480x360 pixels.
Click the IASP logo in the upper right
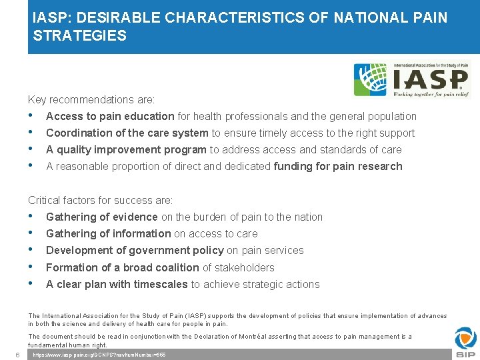411,81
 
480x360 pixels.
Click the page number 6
17,354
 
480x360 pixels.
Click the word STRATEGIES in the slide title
79,36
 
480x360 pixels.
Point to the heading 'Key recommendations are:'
91,99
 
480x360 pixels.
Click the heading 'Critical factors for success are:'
100,200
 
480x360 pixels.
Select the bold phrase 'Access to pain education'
110,116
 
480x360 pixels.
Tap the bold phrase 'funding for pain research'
338,166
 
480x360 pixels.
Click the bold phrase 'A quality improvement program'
127,149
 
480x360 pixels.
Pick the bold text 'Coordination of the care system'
127,133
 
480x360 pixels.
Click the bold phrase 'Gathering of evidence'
101,217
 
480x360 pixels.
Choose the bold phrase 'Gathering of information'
108,233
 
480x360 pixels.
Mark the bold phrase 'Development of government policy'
135,250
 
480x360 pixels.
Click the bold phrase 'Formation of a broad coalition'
123,267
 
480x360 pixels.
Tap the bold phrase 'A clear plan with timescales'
117,284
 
